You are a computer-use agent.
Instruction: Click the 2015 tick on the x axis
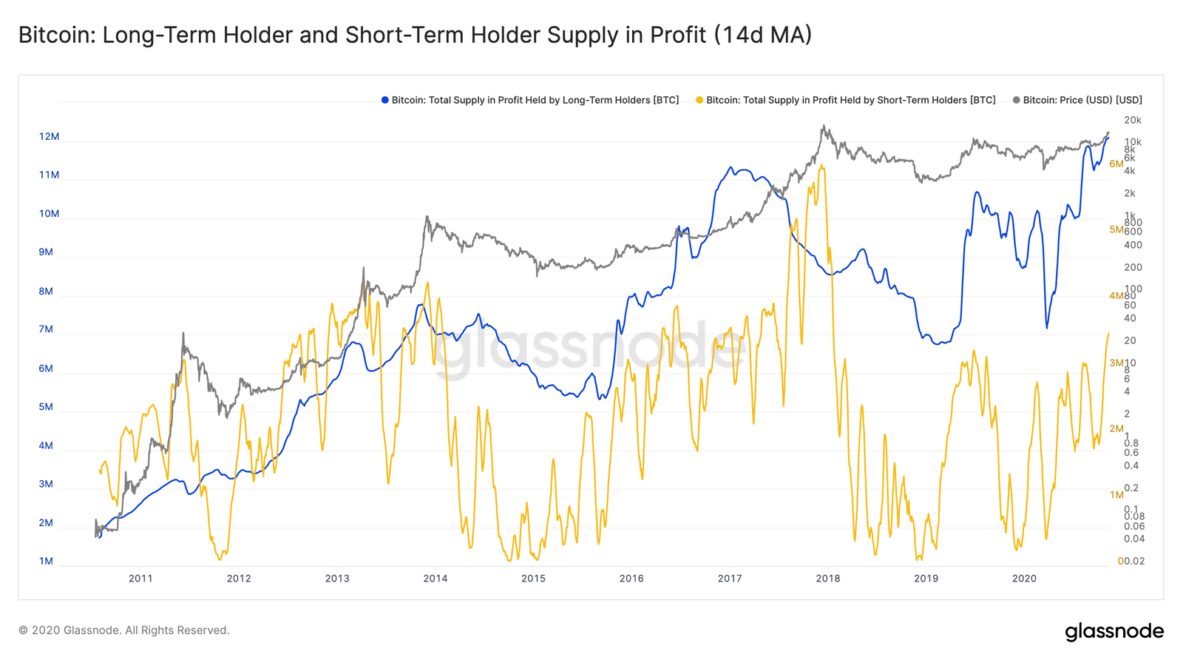point(533,579)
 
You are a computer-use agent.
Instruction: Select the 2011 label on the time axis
point(140,579)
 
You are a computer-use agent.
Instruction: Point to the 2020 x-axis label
point(1024,579)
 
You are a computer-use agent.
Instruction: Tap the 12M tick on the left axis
point(49,137)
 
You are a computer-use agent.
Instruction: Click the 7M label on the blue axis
point(46,329)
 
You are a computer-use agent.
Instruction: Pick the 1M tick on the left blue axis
point(46,561)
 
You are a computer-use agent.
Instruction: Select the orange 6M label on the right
point(1116,164)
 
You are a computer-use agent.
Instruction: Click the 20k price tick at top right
point(1132,120)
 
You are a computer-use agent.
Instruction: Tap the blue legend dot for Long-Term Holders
point(385,100)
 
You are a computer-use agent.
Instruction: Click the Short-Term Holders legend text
point(850,100)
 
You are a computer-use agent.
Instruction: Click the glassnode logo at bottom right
point(1113,631)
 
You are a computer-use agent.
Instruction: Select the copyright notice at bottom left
point(124,630)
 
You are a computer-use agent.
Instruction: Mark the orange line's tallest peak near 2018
point(821,166)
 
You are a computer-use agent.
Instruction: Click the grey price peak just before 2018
point(824,127)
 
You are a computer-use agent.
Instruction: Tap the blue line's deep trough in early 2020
point(1047,327)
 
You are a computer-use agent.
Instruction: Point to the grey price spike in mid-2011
point(183,334)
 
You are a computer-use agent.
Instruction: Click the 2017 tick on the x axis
point(730,579)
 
